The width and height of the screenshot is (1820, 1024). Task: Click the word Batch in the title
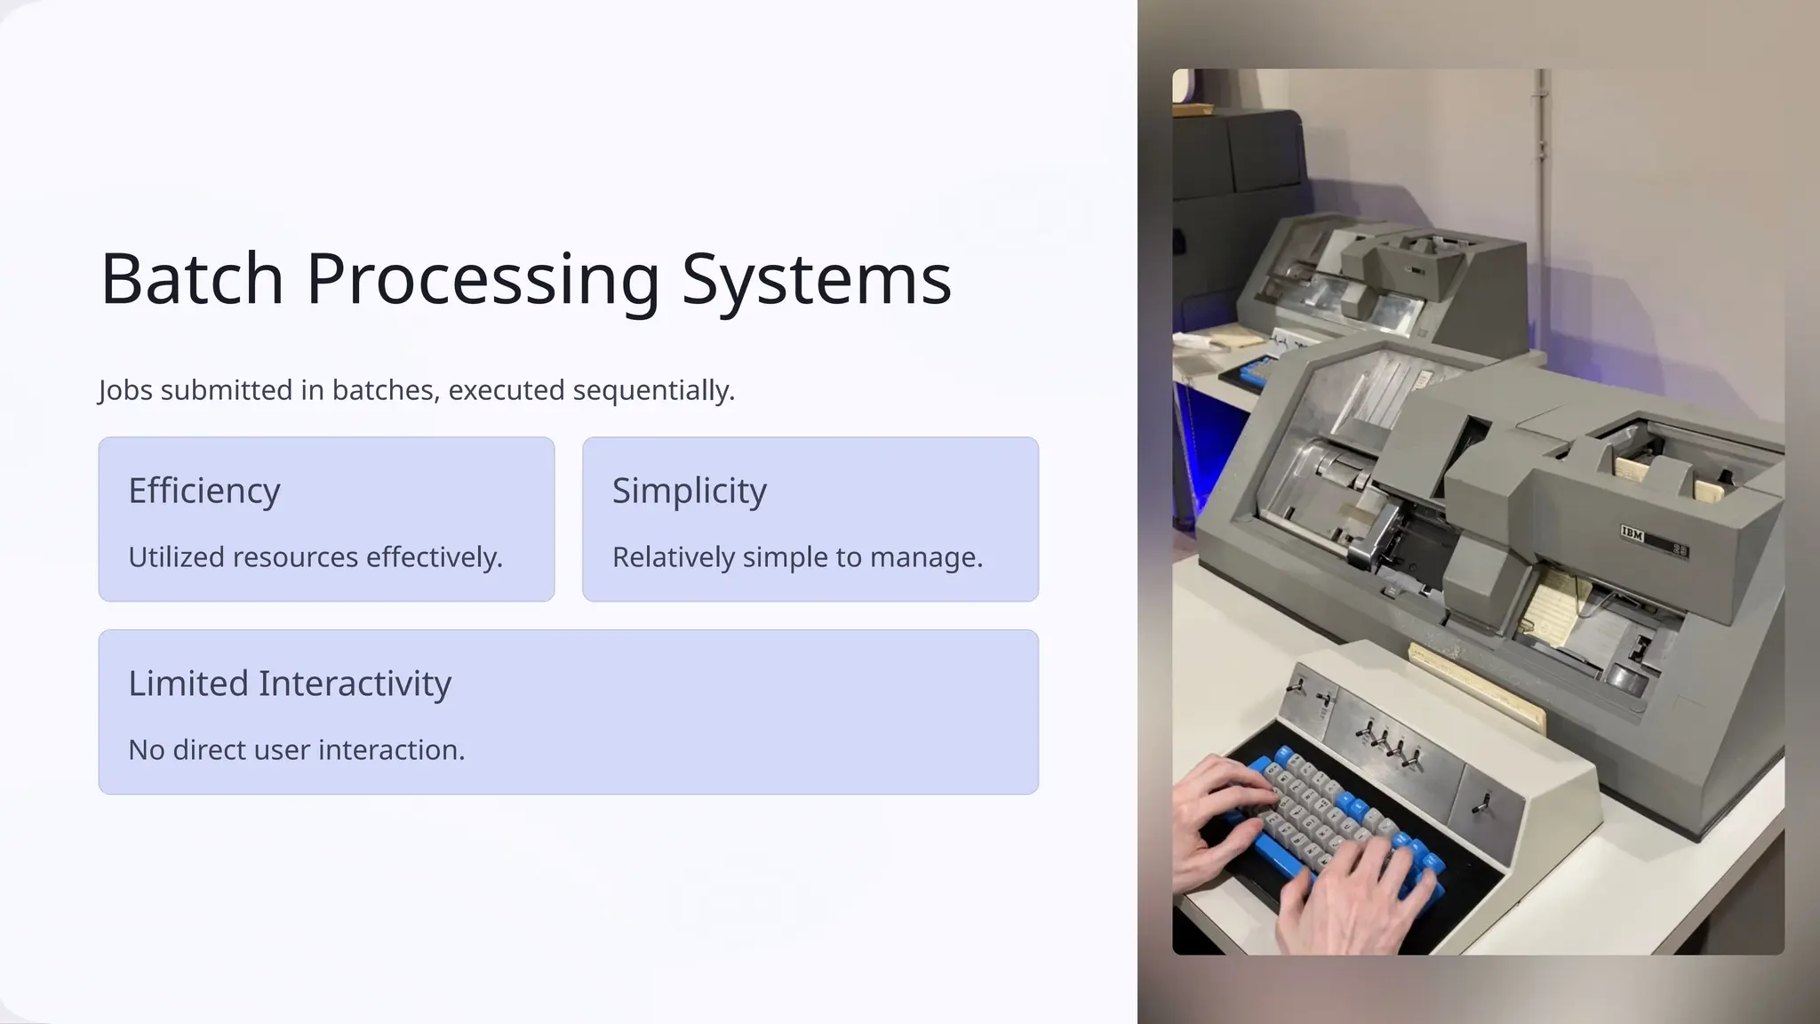tap(192, 279)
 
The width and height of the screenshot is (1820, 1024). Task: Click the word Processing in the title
tap(483, 279)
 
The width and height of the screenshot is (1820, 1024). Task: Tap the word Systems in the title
tap(816, 279)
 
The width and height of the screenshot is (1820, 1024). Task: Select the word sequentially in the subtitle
tap(653, 390)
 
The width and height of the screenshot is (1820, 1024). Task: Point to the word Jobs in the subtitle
tap(125, 390)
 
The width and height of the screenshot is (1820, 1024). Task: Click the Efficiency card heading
tap(204, 491)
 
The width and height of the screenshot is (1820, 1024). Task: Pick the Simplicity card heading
tap(689, 491)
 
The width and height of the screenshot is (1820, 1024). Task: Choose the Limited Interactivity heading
tap(290, 684)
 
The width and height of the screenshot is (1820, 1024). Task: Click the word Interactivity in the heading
tap(355, 684)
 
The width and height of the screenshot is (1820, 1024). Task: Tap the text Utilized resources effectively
tap(315, 557)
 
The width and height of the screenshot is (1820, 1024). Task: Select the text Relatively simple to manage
tap(797, 557)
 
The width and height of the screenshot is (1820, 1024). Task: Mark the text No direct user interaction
tap(297, 750)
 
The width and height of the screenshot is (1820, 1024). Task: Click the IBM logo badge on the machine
tap(1633, 534)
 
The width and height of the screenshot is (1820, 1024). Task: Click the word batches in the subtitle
tap(386, 390)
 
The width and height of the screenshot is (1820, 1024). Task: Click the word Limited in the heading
tap(188, 684)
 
